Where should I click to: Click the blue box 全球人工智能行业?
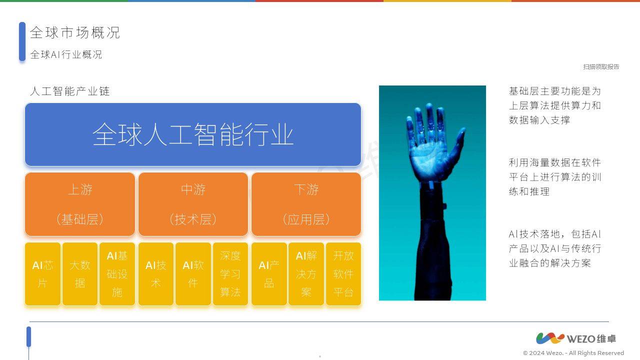coord(193,134)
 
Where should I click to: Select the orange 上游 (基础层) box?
coord(80,204)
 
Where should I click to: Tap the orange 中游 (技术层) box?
coord(193,204)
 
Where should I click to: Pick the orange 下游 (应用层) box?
coord(306,204)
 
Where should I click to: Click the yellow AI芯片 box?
coord(42,273)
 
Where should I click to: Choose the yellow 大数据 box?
coord(80,273)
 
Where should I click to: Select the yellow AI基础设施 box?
coord(117,273)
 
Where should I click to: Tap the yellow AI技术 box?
coord(156,273)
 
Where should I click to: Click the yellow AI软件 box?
coord(193,273)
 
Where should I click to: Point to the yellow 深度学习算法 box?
coord(230,273)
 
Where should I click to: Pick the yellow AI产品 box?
coord(269,273)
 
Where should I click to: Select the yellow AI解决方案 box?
coord(306,273)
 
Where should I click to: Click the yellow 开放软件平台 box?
coord(343,273)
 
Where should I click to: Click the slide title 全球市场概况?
coord(75,33)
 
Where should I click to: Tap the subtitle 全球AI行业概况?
coord(66,54)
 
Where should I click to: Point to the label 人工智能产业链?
coord(69,91)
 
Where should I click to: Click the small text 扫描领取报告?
coord(601,67)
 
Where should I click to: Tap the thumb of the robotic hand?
coord(459,137)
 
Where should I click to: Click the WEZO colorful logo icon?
coord(550,338)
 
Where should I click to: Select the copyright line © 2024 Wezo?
coord(573,353)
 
